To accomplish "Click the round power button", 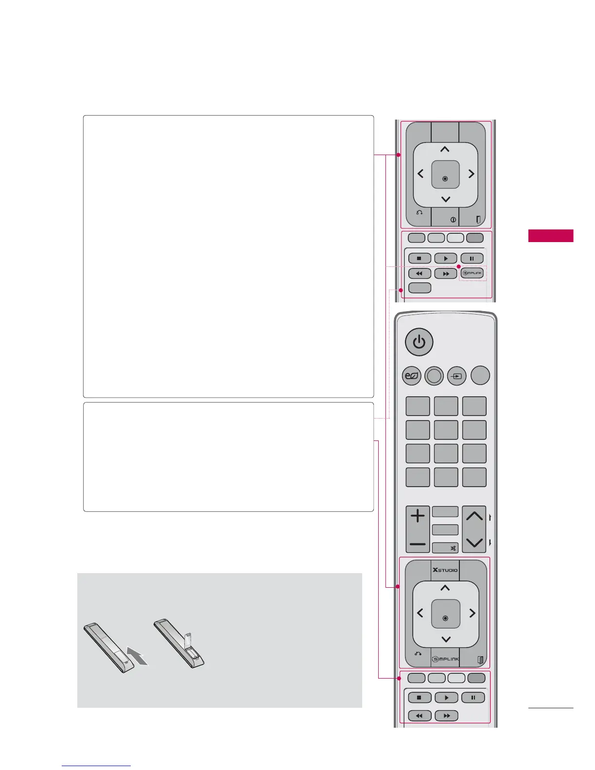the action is [x=419, y=342].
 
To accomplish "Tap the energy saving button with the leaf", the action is [x=411, y=376].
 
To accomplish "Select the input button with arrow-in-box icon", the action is [x=456, y=376].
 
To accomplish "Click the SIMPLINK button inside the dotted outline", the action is [x=472, y=273].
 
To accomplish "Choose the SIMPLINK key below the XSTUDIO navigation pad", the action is [x=445, y=659].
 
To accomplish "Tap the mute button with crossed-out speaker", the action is [x=446, y=548].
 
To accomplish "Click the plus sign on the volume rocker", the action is [x=418, y=516].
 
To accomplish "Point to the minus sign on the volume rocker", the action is [x=418, y=544].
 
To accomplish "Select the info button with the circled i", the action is [x=453, y=220].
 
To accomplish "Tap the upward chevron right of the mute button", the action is [x=474, y=516].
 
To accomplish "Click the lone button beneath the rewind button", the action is [x=420, y=288].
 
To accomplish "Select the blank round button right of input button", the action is [x=480, y=376].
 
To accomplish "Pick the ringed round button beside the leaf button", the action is [x=434, y=376].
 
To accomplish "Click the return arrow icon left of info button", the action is [x=419, y=213].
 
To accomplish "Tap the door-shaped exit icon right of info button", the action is [x=478, y=220].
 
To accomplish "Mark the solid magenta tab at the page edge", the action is [x=551, y=236].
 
